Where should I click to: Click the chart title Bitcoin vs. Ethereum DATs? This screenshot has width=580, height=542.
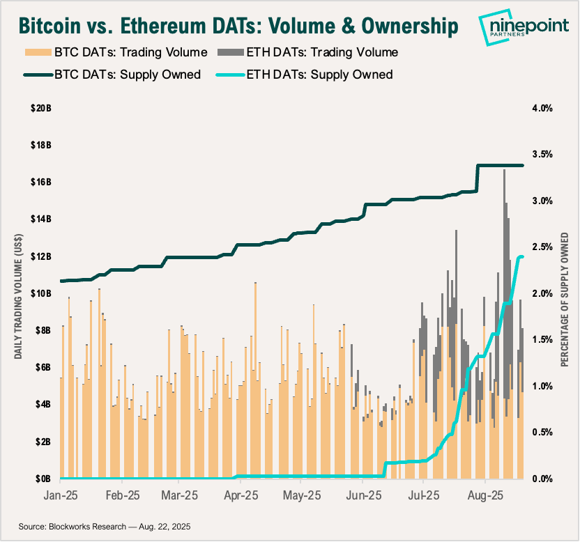click(237, 26)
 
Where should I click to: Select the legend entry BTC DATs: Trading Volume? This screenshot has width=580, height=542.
click(116, 52)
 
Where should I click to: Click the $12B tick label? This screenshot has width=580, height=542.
click(40, 256)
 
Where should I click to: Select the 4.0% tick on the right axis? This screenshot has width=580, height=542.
click(542, 108)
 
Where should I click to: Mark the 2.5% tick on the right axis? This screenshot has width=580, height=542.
click(542, 247)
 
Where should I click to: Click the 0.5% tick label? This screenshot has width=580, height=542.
click(542, 432)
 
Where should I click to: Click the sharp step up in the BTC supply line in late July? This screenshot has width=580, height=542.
click(478, 178)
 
